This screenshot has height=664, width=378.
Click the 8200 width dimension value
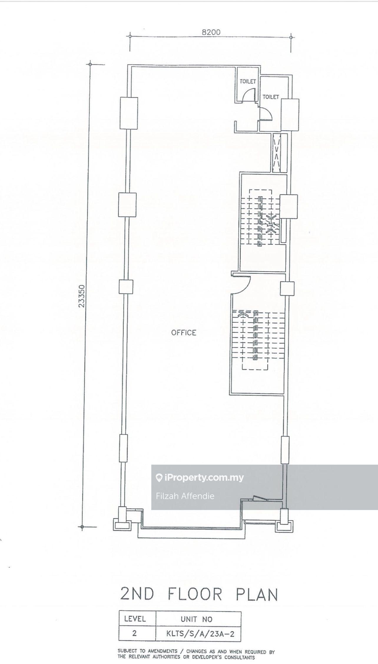211,32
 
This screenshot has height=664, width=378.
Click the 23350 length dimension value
82,296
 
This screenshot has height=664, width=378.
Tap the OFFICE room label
184,332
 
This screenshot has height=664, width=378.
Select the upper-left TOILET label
248,81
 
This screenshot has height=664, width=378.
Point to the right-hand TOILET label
271,97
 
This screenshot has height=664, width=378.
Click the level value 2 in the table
135,633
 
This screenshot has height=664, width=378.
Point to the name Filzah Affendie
185,496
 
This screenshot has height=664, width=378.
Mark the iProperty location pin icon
159,478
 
